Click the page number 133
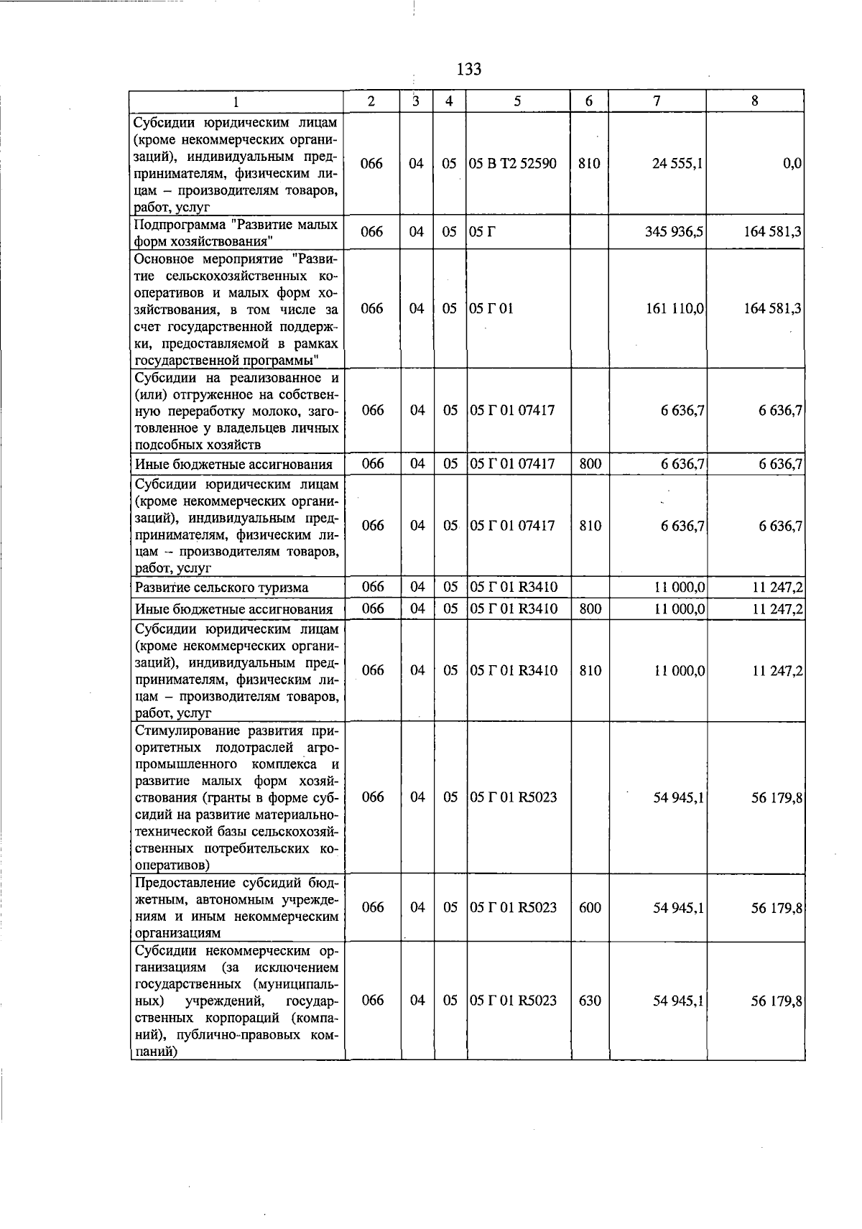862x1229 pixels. point(468,69)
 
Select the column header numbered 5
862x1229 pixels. point(517,101)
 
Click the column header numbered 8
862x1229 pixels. point(754,101)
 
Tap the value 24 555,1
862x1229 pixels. point(677,164)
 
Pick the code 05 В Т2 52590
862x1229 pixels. point(513,164)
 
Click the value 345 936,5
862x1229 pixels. point(673,232)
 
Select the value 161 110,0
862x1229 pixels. point(675,309)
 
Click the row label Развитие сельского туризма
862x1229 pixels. point(221,588)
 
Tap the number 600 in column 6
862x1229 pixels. point(589,907)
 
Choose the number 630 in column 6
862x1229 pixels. point(589,1000)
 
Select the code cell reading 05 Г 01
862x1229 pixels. point(491,309)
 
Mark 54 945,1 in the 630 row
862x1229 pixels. point(677,1000)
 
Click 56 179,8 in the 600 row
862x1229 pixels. point(776,907)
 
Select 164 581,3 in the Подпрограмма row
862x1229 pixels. point(772,232)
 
